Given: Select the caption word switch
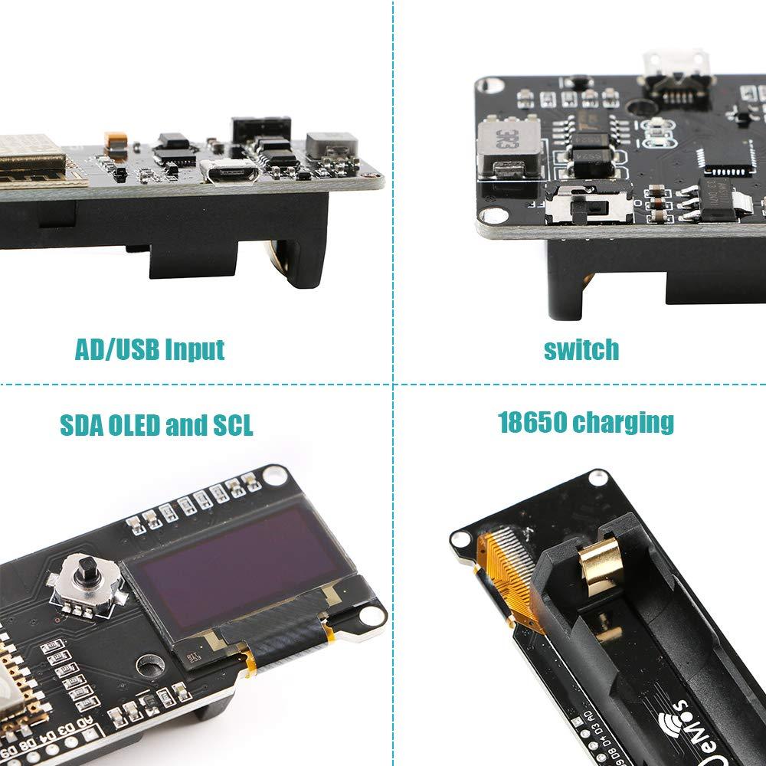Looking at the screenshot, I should (x=581, y=349).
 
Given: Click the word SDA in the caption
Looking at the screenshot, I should (x=81, y=424).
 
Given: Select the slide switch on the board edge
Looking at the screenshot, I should (x=590, y=205).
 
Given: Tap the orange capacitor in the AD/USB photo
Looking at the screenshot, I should (x=116, y=142).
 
